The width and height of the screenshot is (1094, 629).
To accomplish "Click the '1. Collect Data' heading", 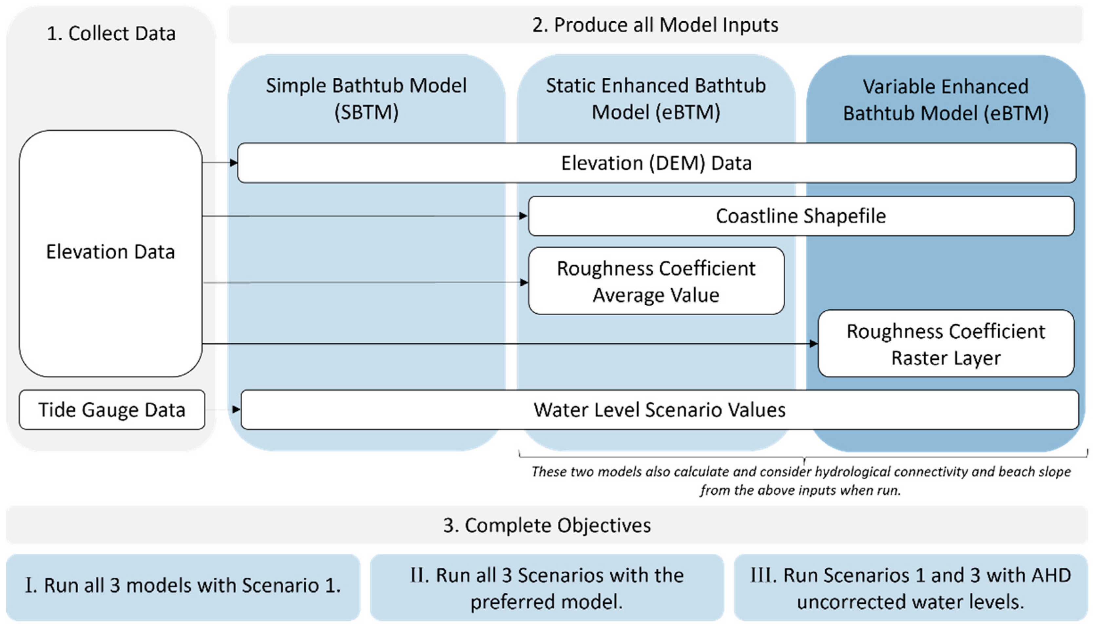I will pos(111,34).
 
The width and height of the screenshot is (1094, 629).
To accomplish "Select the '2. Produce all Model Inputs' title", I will pos(655,25).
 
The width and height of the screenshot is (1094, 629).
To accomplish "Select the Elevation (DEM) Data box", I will pos(656,163).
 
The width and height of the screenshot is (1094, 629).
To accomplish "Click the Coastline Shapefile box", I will pos(801,216).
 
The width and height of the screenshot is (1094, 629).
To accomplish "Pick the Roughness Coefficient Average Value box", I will pos(656,281).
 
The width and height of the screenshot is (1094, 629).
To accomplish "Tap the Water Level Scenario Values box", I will pos(659,410).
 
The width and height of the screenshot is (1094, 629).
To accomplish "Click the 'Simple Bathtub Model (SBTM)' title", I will pos(366,99).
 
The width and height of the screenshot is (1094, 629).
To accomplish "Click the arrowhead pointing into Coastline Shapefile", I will pos(523,216).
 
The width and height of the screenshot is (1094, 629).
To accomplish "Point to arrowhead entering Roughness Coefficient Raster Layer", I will pos(813,344).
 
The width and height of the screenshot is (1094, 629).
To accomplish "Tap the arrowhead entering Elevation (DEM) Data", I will pos(234,163).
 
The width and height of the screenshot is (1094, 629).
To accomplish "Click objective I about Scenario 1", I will pos(183,586).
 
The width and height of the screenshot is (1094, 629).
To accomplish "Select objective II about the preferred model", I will pos(547,588).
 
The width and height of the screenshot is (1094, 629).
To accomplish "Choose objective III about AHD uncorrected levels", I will pos(911,588).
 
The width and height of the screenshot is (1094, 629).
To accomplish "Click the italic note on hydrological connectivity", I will pos(801,480).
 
